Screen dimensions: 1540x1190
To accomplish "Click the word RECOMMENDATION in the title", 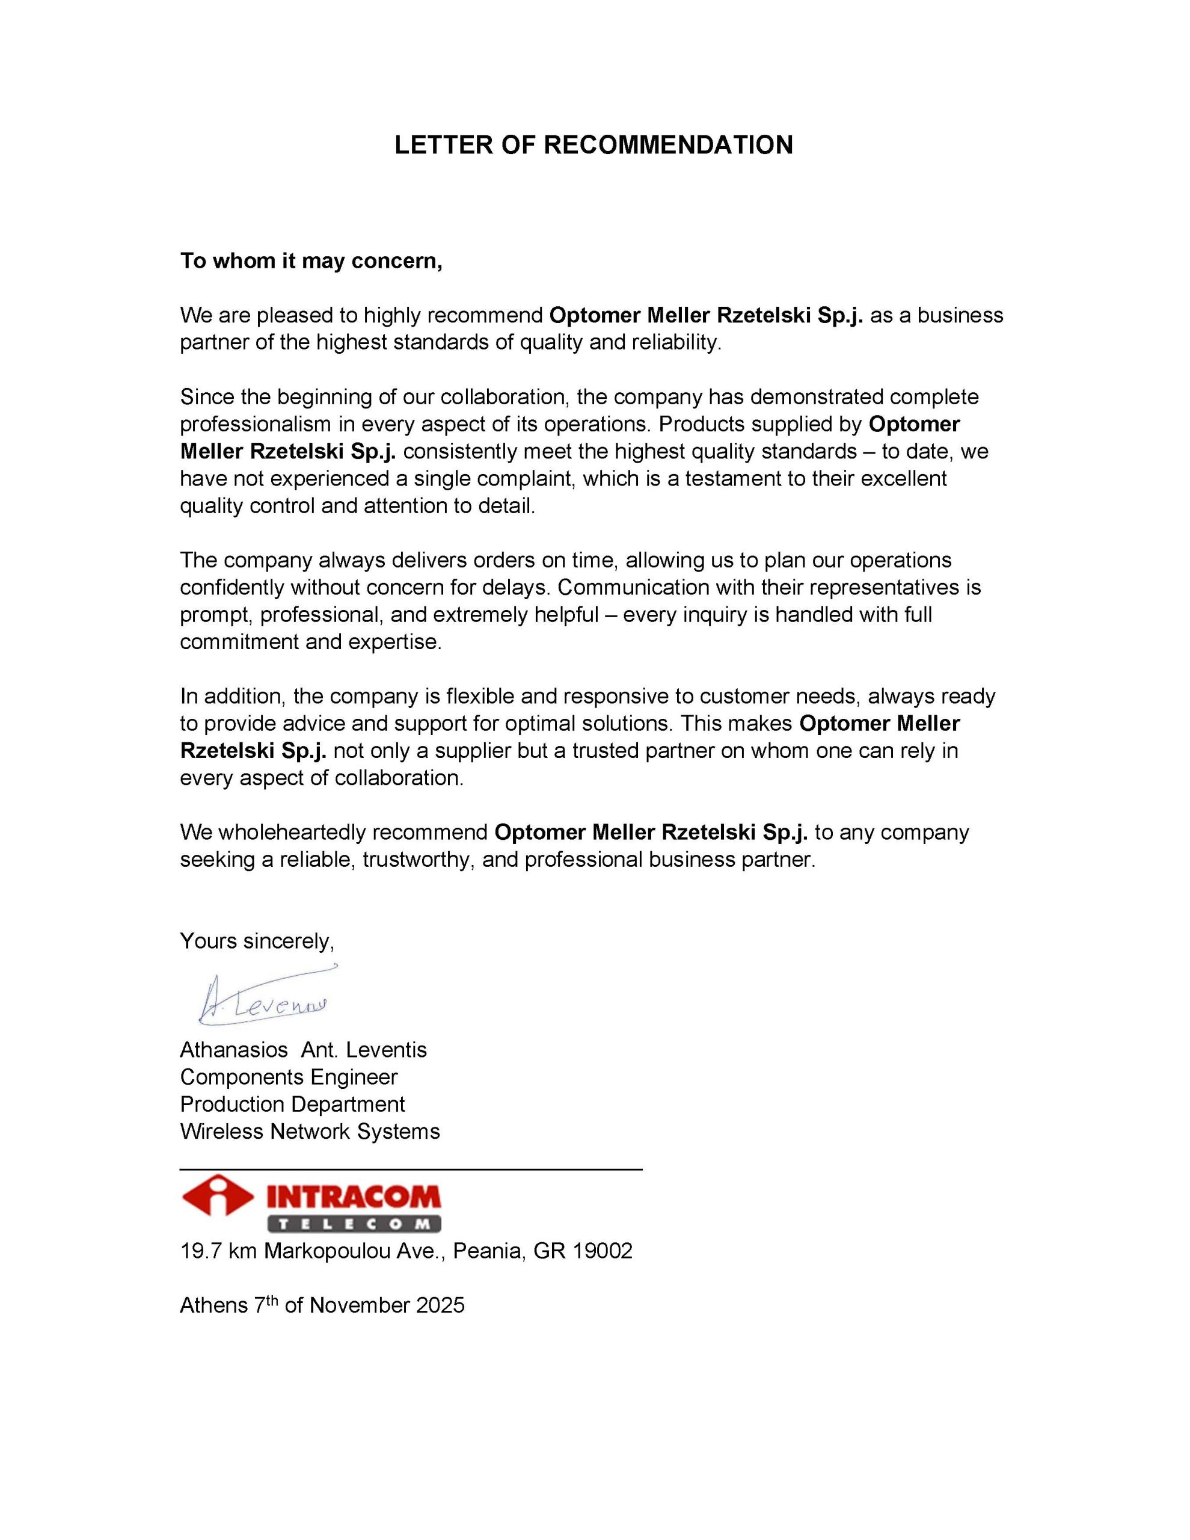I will pos(667,144).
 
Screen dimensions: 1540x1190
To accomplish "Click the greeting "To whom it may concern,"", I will pos(311,261).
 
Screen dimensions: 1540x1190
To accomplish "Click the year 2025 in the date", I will pos(440,1305).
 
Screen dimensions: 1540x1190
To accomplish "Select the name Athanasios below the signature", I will pos(233,1050).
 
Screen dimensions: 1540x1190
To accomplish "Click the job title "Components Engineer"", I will pos(289,1077).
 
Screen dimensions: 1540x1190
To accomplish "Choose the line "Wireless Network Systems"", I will pos(310,1131).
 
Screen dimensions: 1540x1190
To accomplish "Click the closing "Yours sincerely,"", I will pos(257,941).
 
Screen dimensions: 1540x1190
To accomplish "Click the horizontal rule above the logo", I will pos(411,1169).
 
